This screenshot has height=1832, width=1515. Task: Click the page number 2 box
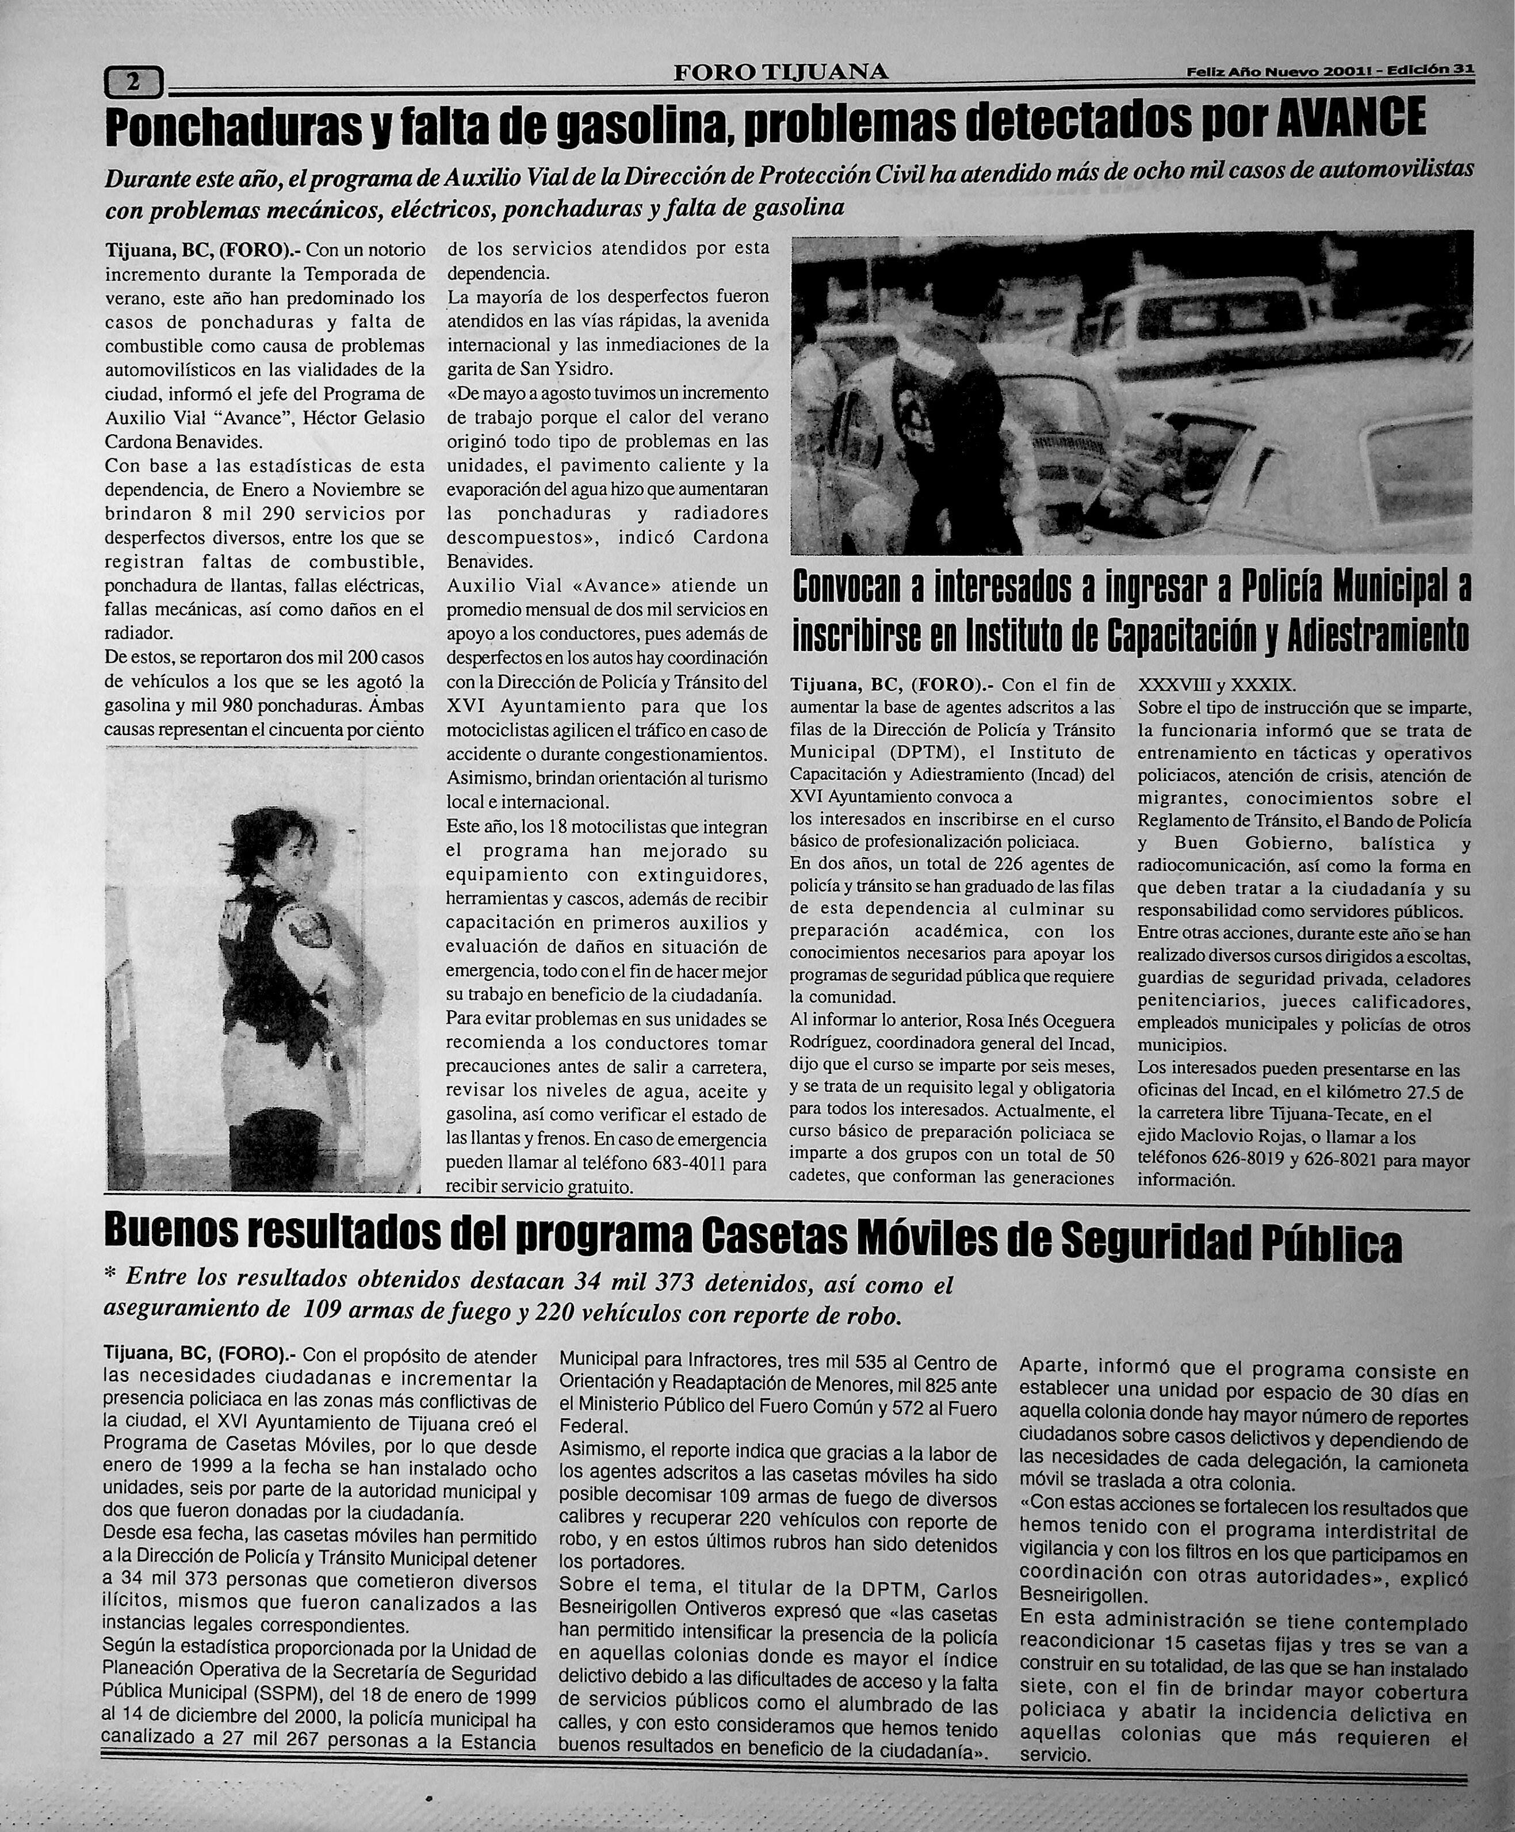pos(133,83)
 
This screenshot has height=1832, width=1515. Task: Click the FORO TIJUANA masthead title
pos(781,73)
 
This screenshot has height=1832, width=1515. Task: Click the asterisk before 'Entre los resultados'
pos(110,1278)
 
